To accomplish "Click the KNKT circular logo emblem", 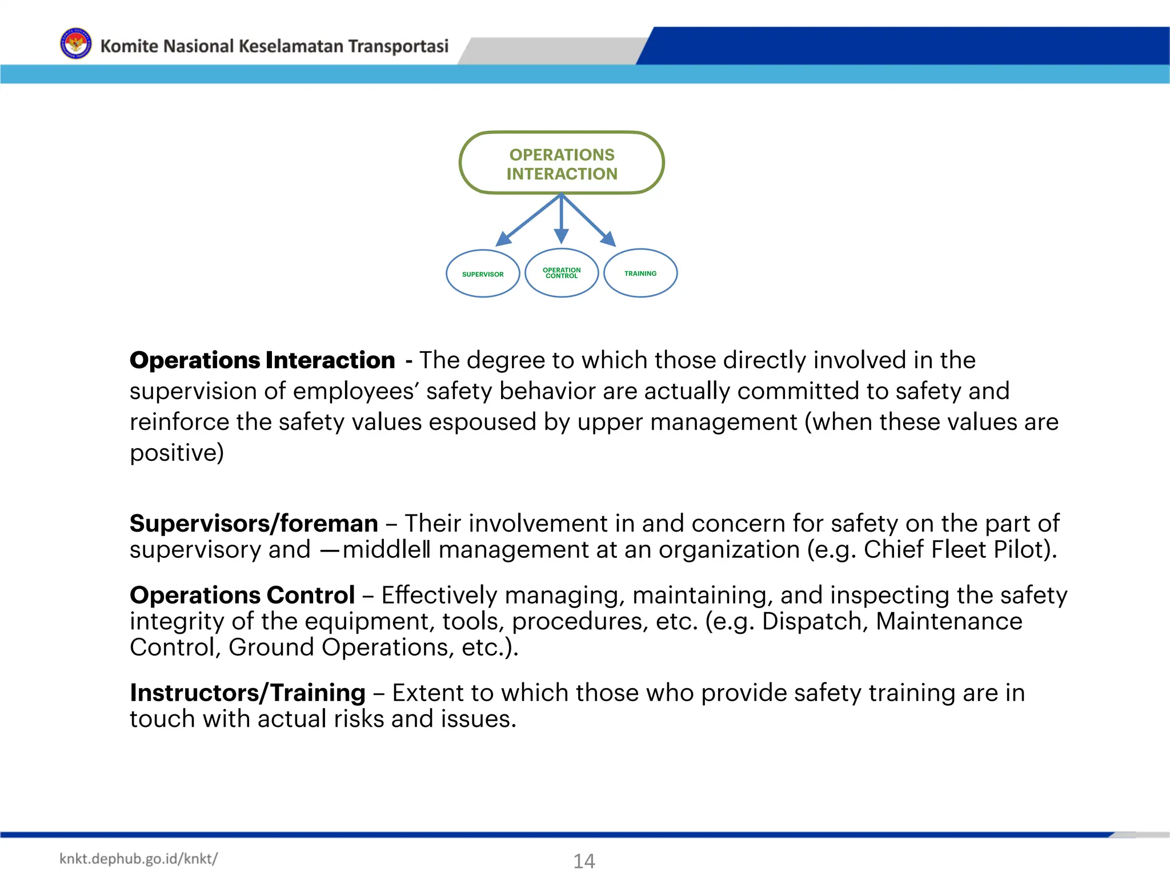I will click(x=75, y=44).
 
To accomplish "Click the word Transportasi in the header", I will click(x=398, y=46).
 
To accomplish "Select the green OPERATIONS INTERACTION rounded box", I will click(x=562, y=163).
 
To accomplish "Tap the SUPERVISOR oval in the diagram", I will click(x=483, y=274).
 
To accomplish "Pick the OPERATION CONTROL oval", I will click(x=562, y=273).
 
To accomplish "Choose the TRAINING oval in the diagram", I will click(x=640, y=273).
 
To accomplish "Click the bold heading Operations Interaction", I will click(x=262, y=360).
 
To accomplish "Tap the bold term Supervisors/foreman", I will click(x=254, y=523).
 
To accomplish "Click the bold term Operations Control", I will click(x=242, y=595).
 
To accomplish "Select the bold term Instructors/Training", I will click(x=247, y=693).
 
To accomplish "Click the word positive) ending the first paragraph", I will click(x=177, y=453).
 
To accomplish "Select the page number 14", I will click(x=584, y=860).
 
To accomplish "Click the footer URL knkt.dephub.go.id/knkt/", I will click(x=138, y=859).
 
